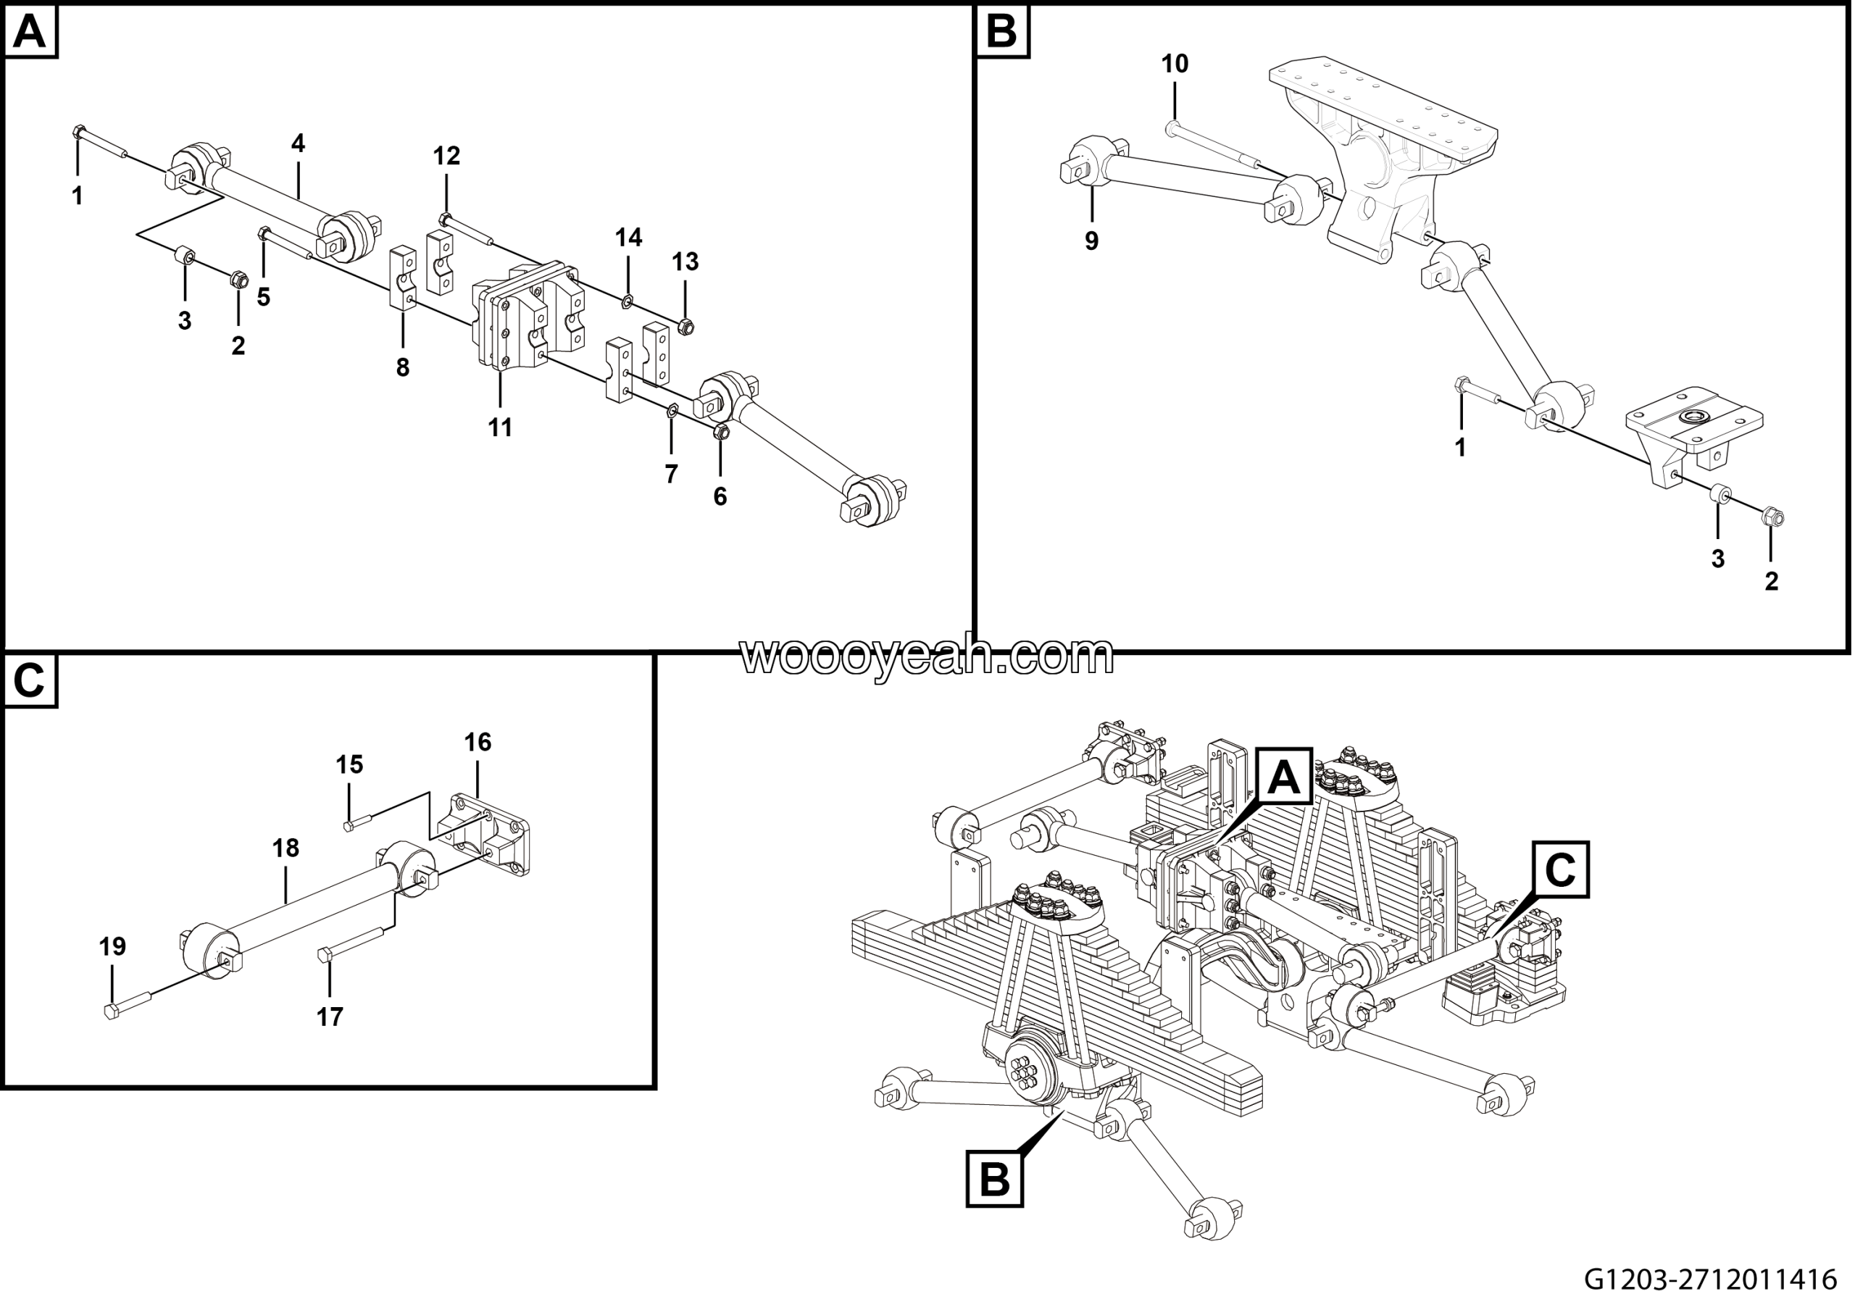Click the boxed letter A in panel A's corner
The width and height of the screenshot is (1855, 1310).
[x=30, y=33]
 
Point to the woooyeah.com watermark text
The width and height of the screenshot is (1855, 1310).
[x=927, y=656]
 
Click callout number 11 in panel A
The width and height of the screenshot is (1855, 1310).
[x=500, y=427]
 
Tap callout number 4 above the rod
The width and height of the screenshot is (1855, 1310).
[x=298, y=143]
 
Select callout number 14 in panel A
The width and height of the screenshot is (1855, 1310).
[x=628, y=238]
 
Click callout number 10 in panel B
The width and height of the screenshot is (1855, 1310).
[x=1175, y=64]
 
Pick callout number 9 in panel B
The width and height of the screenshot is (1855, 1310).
[x=1091, y=241]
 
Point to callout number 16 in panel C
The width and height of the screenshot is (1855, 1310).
[x=478, y=741]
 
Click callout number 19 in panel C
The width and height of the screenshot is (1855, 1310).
[x=112, y=946]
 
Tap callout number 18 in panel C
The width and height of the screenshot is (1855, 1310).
[x=285, y=848]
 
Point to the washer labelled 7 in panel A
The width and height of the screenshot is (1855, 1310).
[x=672, y=414]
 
